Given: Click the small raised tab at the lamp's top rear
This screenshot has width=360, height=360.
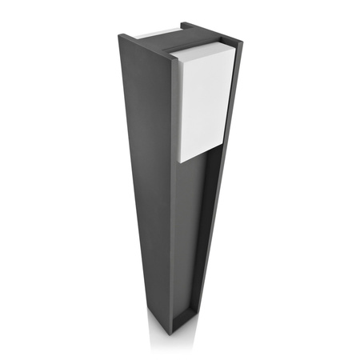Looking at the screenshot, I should [x=186, y=27].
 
